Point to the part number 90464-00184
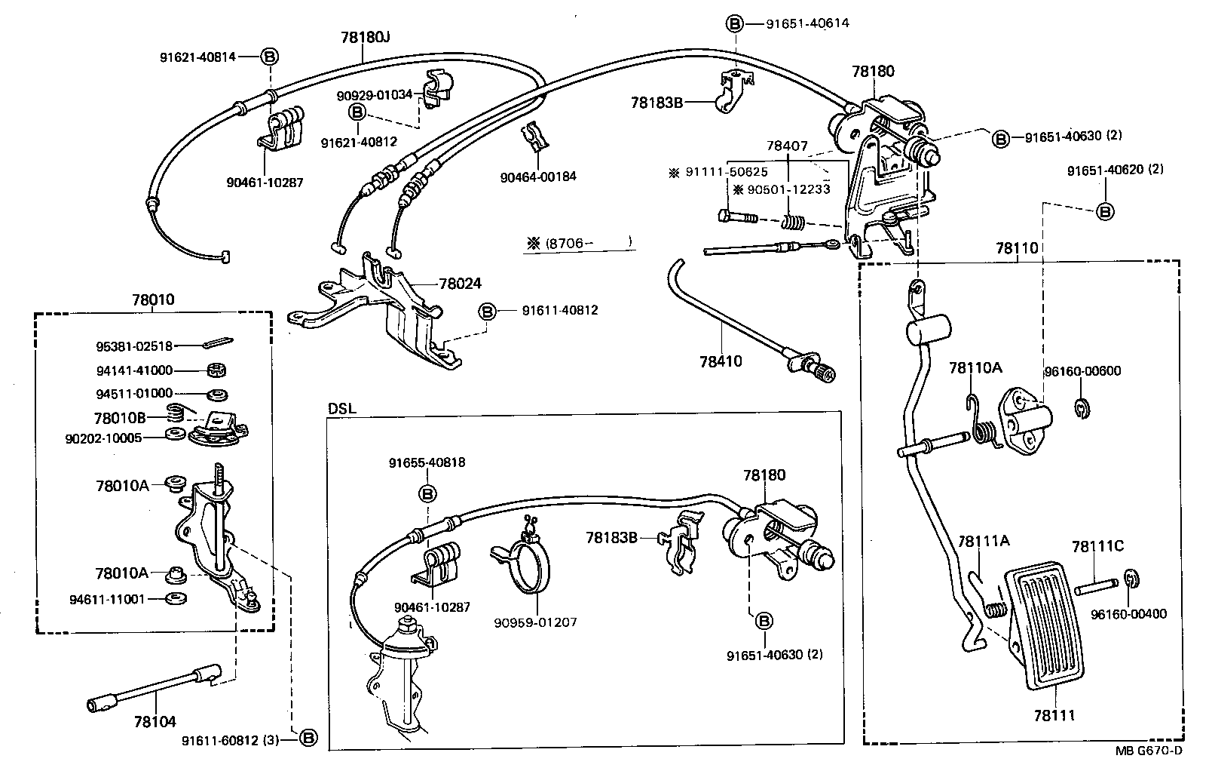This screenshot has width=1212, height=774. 538,177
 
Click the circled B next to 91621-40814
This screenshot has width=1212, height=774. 269,57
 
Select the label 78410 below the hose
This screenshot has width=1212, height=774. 720,361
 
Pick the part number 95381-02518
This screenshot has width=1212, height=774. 134,346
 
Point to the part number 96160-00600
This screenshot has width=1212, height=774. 1082,371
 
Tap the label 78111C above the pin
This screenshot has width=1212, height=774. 1097,546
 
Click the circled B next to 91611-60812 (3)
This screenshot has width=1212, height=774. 308,739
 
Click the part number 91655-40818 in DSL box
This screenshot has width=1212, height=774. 427,462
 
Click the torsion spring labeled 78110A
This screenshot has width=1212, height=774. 982,423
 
